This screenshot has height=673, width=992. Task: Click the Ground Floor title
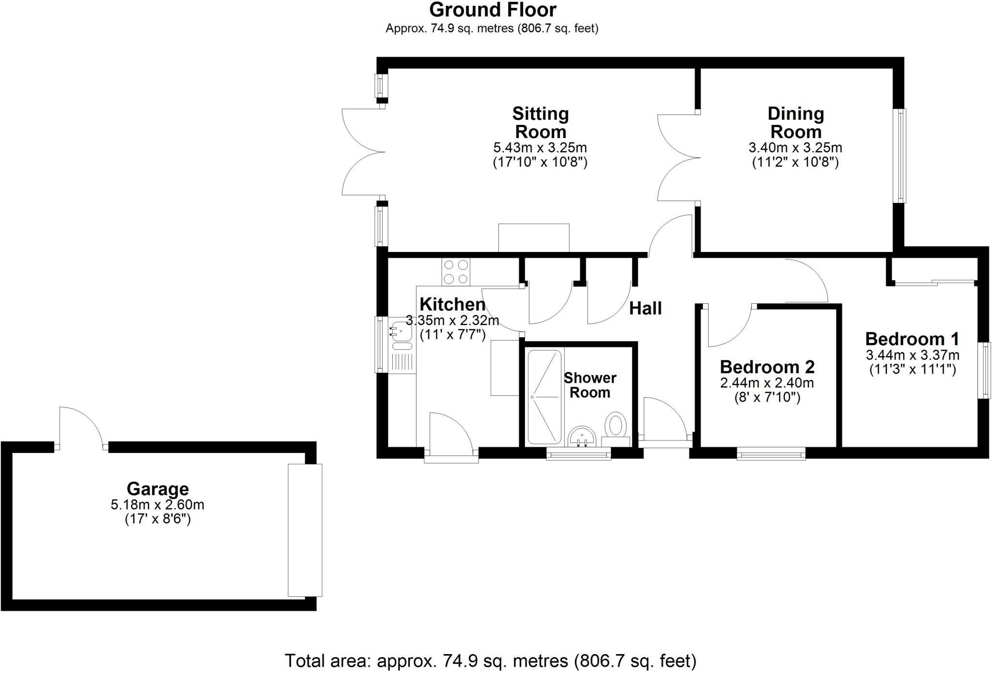tap(492, 10)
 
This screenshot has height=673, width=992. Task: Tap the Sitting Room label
tap(540, 123)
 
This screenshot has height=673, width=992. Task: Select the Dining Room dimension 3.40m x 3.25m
tap(795, 147)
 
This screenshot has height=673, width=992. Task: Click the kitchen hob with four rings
tap(456, 272)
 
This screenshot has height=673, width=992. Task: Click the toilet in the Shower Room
tap(616, 425)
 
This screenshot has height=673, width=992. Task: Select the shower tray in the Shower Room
tap(544, 397)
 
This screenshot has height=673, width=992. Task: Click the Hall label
tap(645, 308)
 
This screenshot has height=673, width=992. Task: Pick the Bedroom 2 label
tap(767, 367)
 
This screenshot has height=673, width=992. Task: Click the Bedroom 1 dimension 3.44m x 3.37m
tap(912, 355)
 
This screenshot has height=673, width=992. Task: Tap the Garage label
tap(157, 488)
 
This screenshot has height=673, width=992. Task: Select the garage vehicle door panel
tap(305, 530)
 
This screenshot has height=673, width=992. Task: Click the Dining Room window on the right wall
tap(900, 156)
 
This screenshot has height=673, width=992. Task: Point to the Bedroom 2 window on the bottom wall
tap(771, 454)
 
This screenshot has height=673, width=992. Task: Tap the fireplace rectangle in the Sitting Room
tap(533, 237)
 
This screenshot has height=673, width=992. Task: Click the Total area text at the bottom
tap(490, 661)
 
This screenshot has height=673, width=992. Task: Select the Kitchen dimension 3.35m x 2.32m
tap(452, 321)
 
